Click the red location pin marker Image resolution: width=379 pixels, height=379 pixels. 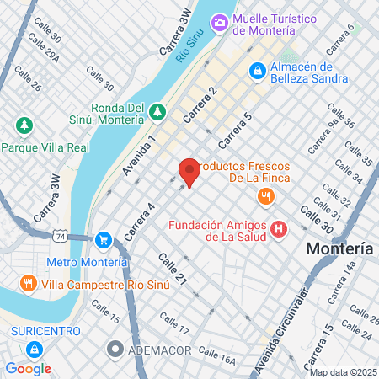(189, 172)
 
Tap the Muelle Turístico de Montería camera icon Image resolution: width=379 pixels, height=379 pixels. (219, 22)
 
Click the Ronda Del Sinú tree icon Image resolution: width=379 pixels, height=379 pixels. (157, 110)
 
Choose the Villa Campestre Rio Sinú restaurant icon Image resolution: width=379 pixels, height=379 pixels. (29, 282)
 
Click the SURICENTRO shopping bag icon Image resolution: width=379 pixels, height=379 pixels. (35, 348)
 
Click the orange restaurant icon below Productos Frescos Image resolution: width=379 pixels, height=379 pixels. (265, 197)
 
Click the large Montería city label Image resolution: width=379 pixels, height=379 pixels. (339, 249)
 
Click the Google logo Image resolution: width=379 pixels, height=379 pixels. (28, 369)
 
